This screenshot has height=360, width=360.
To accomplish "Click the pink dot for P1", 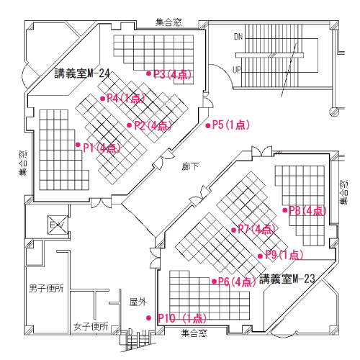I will (78, 145).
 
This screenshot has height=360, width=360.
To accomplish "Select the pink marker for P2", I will (129, 125).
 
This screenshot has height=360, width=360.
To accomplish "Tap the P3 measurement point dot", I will (148, 73).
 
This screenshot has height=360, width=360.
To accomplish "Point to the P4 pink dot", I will (102, 98).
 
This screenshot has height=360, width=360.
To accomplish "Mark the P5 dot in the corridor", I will (208, 125).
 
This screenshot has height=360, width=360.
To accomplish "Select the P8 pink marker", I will (286, 210).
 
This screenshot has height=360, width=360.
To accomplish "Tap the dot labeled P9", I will (260, 255).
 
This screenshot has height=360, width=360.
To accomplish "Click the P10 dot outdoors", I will (149, 318).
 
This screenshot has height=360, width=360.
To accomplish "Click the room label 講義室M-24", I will (82, 73).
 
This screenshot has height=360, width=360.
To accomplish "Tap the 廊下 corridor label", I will (190, 166).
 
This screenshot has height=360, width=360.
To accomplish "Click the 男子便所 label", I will (46, 289).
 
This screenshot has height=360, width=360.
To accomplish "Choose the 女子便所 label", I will (91, 326).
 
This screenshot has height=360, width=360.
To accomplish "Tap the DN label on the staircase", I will (238, 36).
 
